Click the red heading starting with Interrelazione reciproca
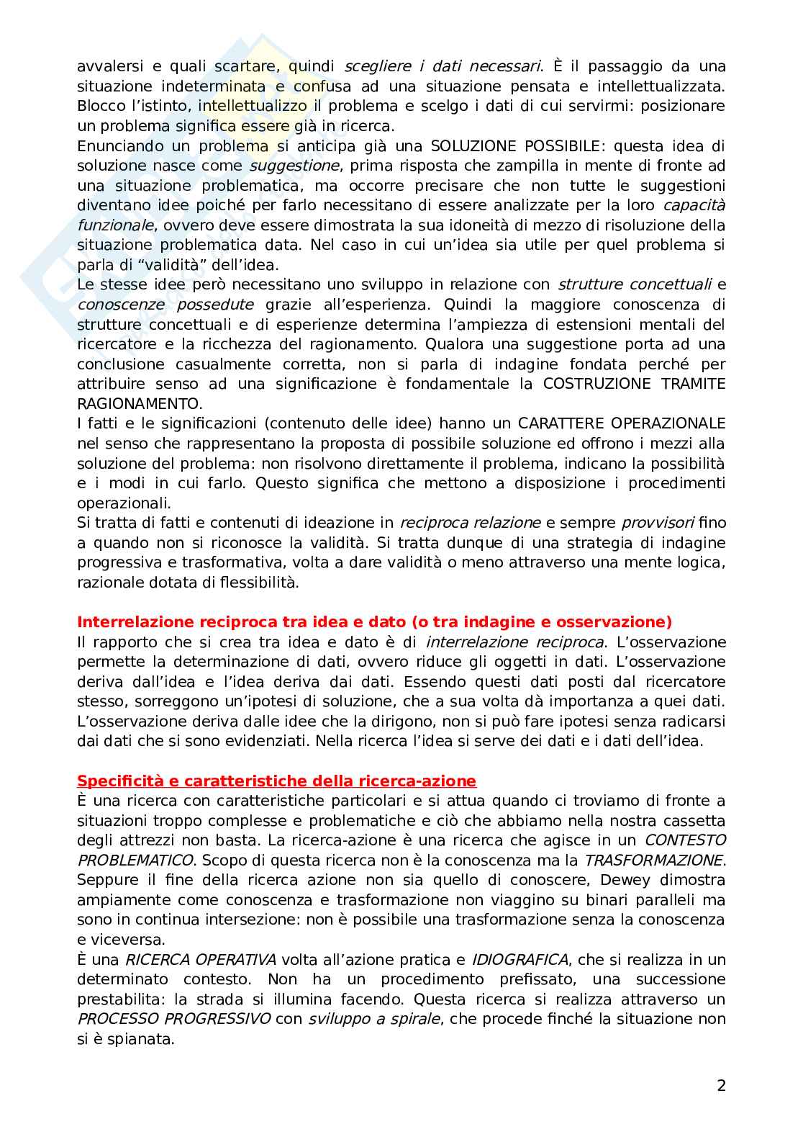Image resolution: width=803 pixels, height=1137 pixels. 374,621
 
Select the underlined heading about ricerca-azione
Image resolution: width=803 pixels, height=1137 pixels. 276,781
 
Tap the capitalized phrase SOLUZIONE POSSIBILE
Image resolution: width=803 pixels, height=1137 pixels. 501,145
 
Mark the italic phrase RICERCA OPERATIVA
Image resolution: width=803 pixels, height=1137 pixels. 201,959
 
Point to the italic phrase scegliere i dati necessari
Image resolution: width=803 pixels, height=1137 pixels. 443,66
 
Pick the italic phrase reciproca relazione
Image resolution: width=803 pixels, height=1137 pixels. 470,523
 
